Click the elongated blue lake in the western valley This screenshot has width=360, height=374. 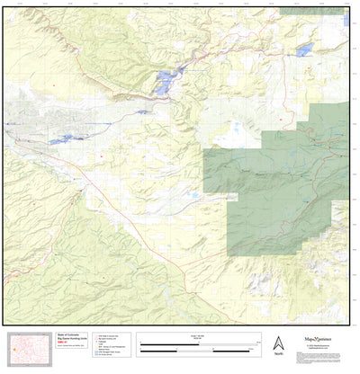(63, 139)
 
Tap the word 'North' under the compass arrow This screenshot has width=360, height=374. (278, 353)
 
